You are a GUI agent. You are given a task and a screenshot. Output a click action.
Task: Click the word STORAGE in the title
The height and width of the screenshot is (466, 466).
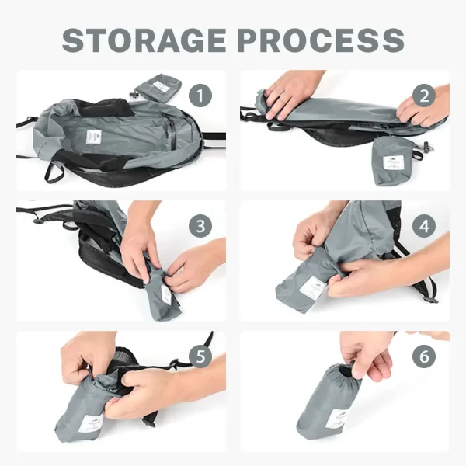[144, 40]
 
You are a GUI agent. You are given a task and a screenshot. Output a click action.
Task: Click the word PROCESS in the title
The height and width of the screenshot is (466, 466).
[321, 40]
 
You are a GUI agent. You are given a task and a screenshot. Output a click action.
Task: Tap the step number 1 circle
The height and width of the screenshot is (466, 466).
[200, 96]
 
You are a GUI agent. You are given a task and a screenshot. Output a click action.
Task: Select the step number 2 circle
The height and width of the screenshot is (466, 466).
[424, 96]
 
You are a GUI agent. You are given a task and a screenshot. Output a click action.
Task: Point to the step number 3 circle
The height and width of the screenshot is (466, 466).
[200, 226]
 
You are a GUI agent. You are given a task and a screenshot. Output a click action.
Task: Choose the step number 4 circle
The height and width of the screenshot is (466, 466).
[424, 226]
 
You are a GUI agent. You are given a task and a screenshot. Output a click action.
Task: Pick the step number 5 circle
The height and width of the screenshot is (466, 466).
[200, 356]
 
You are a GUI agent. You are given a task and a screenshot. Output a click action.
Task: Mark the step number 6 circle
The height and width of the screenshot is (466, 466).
[424, 356]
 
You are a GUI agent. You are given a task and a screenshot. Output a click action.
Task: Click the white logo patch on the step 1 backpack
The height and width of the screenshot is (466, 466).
[94, 137]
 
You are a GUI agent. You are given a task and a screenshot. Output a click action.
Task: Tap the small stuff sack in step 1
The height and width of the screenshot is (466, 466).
[158, 89]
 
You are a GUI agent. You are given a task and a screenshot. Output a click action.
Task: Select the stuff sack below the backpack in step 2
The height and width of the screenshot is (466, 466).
[391, 161]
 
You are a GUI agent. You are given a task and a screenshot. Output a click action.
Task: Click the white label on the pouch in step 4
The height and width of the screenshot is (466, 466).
[312, 288]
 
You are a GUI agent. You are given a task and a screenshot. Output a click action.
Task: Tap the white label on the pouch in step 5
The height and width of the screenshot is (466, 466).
[92, 424]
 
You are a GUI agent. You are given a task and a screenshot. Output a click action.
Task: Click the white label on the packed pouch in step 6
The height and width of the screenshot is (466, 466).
[337, 419]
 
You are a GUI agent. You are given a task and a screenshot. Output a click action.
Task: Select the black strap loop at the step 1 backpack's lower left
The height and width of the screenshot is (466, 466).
[54, 172]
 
